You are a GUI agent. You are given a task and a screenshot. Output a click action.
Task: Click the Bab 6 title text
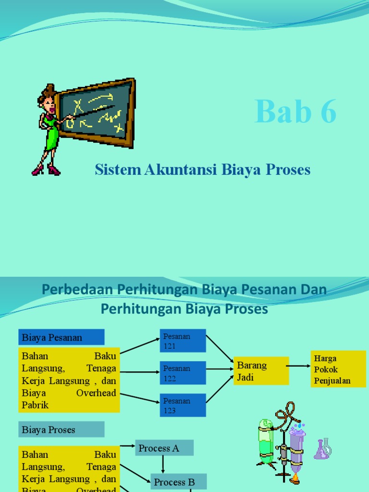pos(295,111)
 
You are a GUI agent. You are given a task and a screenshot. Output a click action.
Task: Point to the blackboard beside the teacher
pos(96,113)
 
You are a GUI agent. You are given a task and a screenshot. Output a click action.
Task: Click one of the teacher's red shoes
pos(53,170)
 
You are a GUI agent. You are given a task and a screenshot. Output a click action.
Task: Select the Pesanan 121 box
pos(183,341)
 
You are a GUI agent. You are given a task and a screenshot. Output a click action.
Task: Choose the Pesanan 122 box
pos(183,373)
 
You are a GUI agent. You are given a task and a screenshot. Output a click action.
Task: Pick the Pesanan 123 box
pos(183,405)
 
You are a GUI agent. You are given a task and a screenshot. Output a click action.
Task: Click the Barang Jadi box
pos(261,371)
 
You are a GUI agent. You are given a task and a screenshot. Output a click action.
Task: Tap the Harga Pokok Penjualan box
pos(338,369)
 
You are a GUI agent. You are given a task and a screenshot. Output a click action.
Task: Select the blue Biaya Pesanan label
pos(61,337)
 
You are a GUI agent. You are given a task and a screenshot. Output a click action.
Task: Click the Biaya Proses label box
pos(61,430)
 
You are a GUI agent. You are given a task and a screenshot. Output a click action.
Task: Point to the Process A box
pos(164,448)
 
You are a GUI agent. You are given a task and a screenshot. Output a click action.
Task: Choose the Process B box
pos(179,482)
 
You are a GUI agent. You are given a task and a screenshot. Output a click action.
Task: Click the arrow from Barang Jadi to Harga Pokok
pos(299,366)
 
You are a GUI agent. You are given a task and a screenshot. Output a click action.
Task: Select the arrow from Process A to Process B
pos(163,465)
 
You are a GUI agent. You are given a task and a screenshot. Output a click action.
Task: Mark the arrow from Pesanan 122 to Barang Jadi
pos(220,369)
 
